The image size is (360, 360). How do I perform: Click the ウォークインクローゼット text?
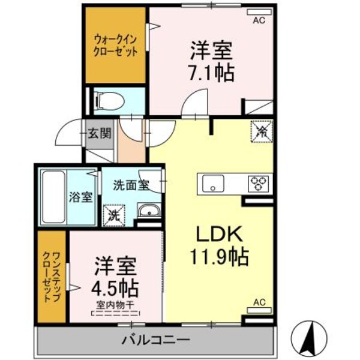coord(116,46)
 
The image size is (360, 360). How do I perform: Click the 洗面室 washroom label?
coord(130,185)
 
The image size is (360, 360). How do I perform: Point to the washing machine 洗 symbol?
coord(113,214)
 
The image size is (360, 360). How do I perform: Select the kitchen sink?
coord(213,182)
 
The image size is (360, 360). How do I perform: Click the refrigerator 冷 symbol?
coord(262,130)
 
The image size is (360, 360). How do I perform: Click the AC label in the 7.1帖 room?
coord(258,20)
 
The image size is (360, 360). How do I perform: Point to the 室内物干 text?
coord(114,304)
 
